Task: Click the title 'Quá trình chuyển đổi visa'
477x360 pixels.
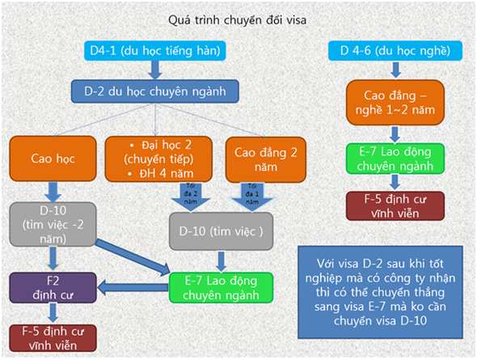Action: click(237, 20)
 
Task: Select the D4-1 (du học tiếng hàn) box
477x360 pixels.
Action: click(155, 50)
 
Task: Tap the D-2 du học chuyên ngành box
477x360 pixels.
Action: click(155, 91)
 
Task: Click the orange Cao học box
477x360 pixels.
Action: click(53, 159)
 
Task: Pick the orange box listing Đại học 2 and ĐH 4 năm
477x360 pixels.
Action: click(158, 159)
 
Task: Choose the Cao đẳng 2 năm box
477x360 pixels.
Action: click(265, 159)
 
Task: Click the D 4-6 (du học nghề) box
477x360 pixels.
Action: click(395, 50)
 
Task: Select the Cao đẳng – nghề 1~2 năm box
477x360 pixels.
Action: click(395, 103)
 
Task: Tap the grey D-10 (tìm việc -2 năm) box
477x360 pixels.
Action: click(53, 224)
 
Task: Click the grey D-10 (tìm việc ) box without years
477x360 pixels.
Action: click(221, 231)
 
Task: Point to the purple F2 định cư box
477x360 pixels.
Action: click(53, 287)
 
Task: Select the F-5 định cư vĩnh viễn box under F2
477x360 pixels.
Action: click(53, 338)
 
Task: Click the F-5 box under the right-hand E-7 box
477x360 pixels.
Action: click(395, 206)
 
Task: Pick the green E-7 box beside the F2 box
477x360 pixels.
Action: click(221, 287)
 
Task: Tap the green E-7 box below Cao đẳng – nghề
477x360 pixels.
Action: click(395, 159)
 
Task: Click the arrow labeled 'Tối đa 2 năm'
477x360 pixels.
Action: click(191, 197)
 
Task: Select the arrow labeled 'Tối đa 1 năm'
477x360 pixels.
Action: click(252, 197)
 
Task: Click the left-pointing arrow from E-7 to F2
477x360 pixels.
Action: click(133, 287)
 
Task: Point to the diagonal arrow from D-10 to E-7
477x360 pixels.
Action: click(133, 257)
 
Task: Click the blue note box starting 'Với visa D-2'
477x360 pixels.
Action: click(380, 292)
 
